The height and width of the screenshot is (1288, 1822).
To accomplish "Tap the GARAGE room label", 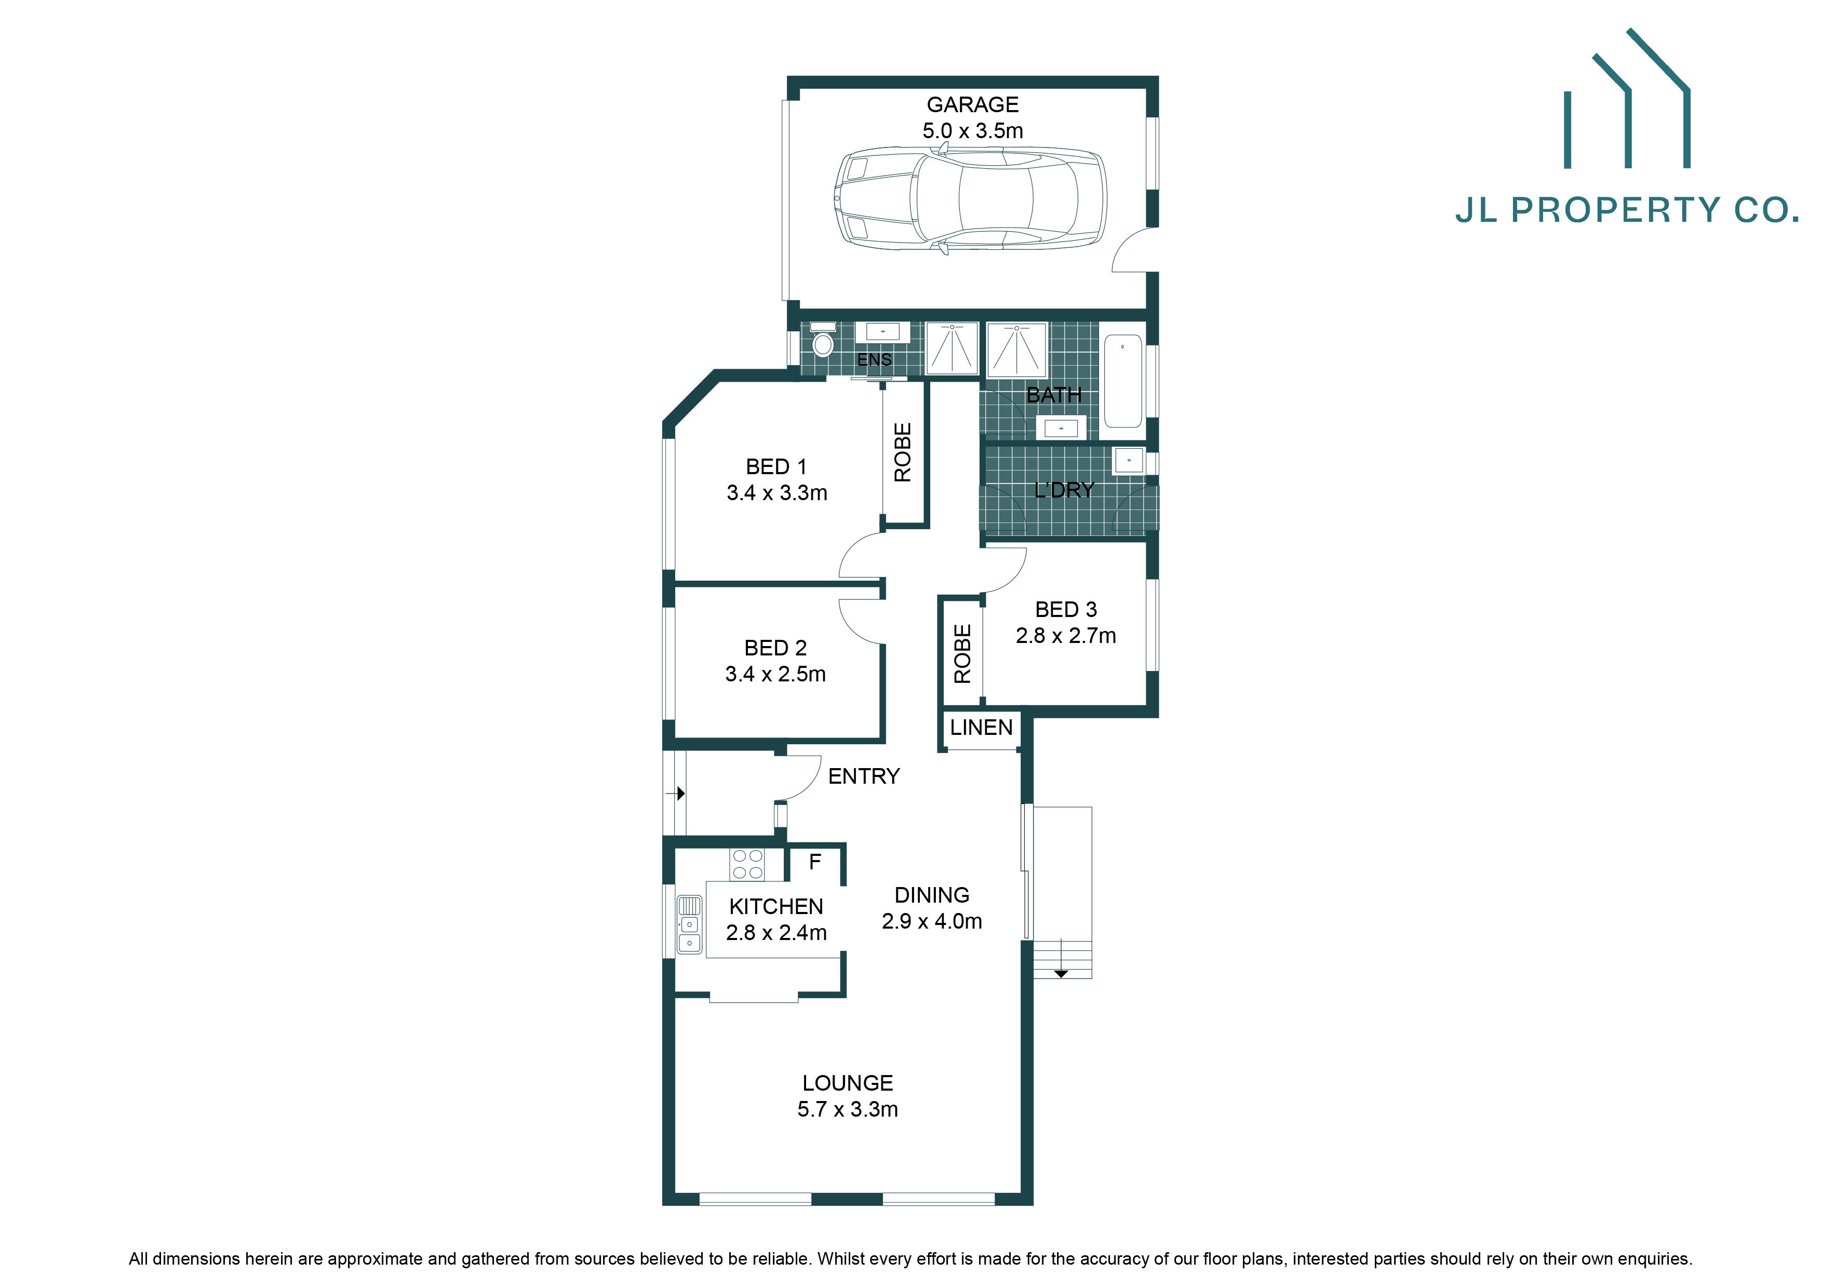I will coord(972,105).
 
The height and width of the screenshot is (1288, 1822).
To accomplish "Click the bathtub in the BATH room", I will coord(1122,381).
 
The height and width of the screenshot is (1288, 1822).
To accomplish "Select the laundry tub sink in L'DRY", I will coord(1129,460).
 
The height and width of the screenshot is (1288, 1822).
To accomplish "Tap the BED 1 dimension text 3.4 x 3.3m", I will coord(777,493).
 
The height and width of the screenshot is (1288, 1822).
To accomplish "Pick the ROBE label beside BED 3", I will coord(962,654).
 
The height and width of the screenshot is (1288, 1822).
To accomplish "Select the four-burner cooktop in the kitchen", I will coord(747,864).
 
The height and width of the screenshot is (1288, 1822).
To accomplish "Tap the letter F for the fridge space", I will coord(815,862).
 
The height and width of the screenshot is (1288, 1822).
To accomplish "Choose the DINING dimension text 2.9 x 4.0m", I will coord(932,921).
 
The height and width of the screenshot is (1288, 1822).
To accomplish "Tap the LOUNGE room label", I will coord(848,1083).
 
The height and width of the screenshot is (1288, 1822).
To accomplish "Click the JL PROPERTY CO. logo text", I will coord(1627,210).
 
